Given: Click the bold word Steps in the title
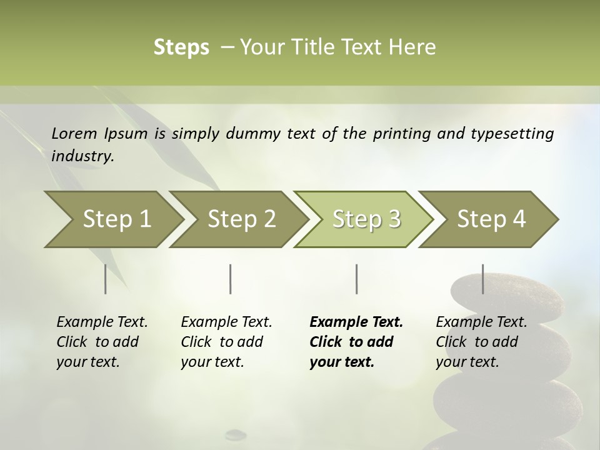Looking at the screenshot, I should pos(181,47).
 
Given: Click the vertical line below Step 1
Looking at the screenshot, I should pos(105,279).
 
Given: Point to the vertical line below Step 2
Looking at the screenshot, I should pos(231,279).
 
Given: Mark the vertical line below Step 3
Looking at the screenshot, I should pos(356,279).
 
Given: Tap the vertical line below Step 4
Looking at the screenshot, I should pos(482,279).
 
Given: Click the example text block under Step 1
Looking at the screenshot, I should pos(102,342).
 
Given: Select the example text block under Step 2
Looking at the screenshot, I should pos(226,342).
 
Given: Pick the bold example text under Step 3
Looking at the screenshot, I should pos(356,342).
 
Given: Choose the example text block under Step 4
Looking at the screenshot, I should pos(481,342).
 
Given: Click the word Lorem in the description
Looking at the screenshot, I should pos(74,134).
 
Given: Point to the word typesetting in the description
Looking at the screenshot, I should pos(512,134).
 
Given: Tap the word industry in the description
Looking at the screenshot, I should pos(82,156).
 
